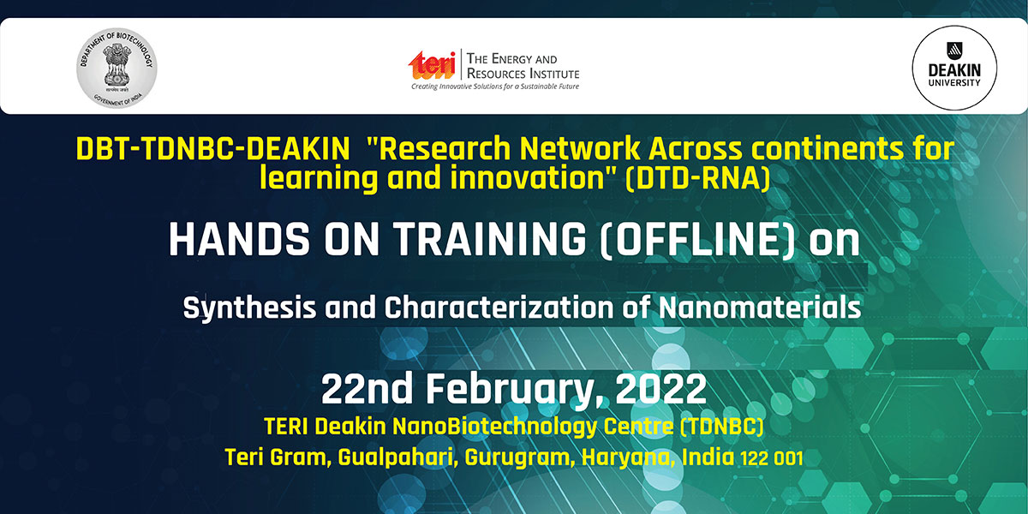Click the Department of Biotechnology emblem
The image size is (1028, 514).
[117, 68]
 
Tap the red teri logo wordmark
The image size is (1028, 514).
[432, 65]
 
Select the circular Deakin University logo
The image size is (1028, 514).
[954, 68]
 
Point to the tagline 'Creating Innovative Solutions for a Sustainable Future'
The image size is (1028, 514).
[495, 87]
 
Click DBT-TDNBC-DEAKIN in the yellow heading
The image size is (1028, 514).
[212, 149]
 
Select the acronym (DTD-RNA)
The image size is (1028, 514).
[697, 177]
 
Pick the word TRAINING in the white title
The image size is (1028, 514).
[489, 239]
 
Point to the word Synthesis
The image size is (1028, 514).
[249, 308]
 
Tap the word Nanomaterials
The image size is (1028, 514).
[760, 308]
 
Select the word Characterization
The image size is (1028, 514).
[499, 308]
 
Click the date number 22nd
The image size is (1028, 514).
[367, 389]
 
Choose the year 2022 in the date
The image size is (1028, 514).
[660, 389]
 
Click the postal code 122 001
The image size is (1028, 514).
[772, 458]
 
